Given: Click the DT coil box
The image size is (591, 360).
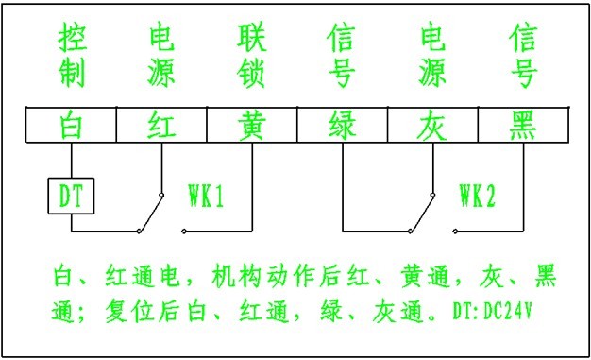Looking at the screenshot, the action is point(71,197).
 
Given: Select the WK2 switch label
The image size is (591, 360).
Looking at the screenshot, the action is point(477,197).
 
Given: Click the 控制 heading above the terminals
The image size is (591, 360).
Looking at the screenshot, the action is point(70,57).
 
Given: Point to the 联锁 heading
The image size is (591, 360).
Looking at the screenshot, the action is point(251,57).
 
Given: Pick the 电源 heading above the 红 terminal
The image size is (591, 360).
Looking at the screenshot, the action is point(160,57).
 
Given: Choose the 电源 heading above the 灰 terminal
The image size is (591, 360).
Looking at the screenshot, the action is point(432,57).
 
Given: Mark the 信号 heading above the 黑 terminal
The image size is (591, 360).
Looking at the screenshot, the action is point(522,57).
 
